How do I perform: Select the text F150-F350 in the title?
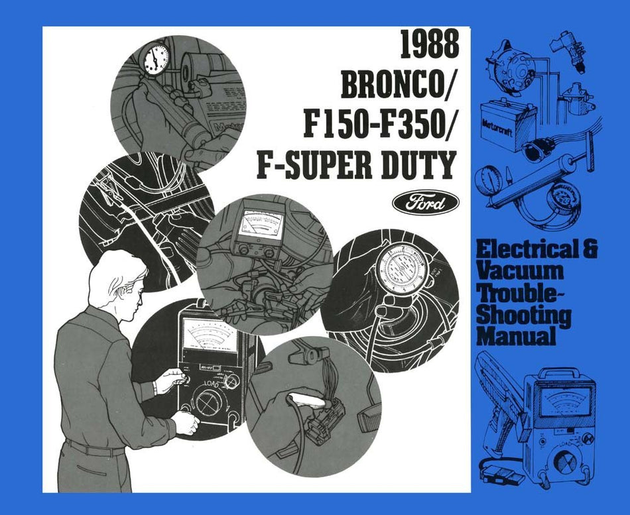point(375,126)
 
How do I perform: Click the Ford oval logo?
point(426,201)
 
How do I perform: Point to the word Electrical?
point(524,250)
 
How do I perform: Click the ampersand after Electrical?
point(589,250)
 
